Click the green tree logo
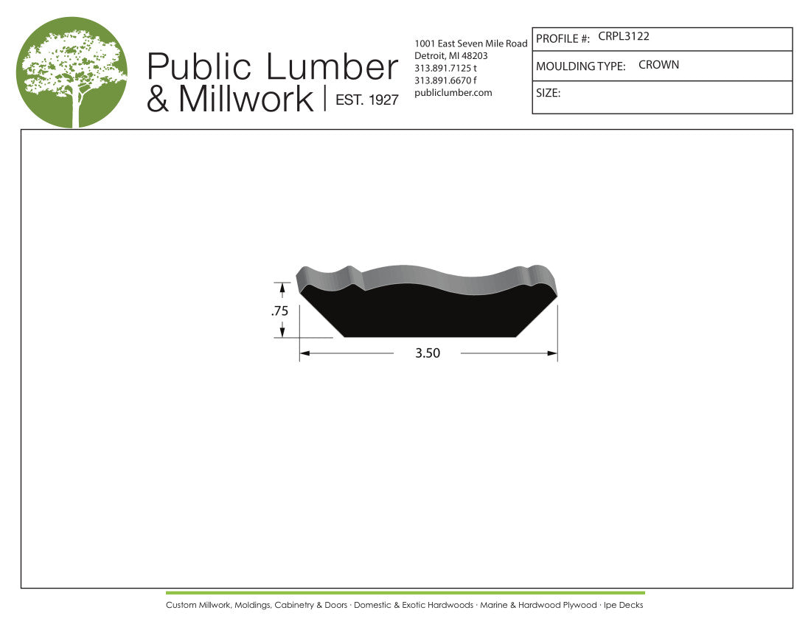(72, 72)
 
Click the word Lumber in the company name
(332, 66)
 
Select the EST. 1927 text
(367, 100)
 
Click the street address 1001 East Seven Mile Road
(470, 44)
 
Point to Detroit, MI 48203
(451, 56)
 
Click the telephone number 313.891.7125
(442, 69)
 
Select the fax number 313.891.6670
(442, 80)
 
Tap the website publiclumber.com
(453, 93)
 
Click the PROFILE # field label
(563, 39)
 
